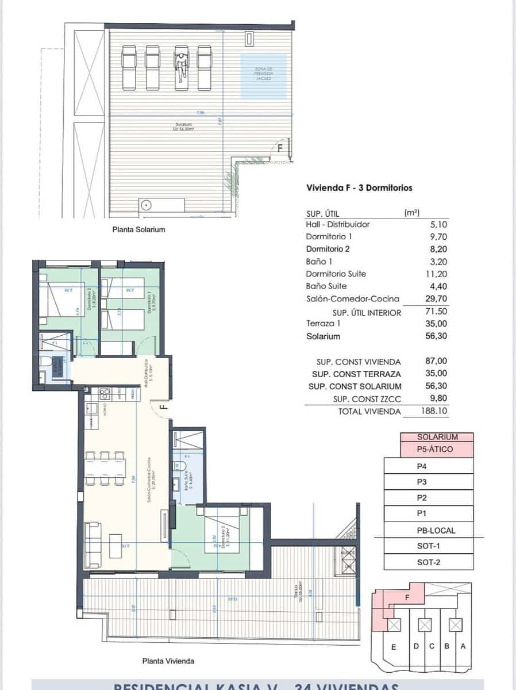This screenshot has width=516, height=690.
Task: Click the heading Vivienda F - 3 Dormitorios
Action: click(359, 187)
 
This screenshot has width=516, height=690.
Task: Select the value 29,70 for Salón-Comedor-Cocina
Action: click(434, 299)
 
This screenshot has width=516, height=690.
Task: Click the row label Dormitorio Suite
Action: click(336, 274)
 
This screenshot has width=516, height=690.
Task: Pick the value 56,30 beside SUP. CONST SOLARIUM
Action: click(434, 386)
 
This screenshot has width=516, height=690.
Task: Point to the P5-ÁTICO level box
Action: click(437, 449)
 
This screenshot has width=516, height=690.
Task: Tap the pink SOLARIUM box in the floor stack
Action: click(437, 437)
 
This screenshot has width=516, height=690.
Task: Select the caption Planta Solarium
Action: click(138, 229)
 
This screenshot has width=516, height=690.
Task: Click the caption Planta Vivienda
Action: click(168, 661)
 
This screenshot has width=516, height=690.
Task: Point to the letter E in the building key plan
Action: click(394, 647)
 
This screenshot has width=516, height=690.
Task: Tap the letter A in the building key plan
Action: click(463, 646)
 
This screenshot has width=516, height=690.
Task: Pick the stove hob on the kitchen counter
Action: click(105, 394)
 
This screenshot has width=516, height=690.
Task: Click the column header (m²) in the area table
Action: click(411, 213)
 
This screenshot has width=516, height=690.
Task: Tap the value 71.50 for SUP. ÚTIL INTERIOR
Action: click(434, 312)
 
